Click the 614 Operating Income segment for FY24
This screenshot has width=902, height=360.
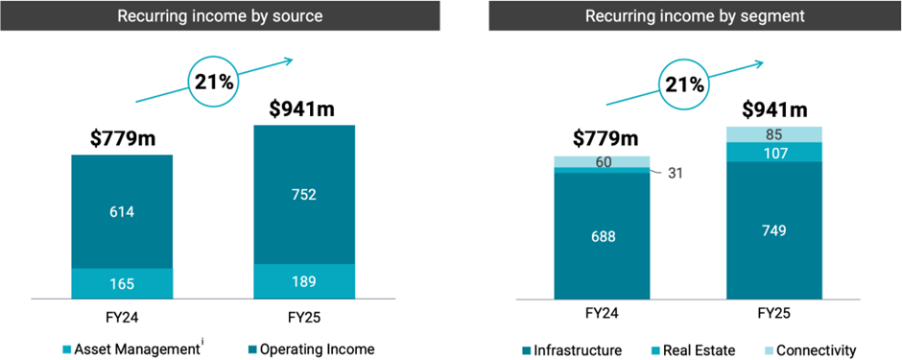point(122,211)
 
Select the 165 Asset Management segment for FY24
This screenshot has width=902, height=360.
point(122,284)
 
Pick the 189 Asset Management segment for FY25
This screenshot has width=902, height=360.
point(304,281)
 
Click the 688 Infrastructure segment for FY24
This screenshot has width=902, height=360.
point(602,236)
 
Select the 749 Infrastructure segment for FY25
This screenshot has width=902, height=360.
point(774,230)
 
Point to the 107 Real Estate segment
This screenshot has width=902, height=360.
point(774,152)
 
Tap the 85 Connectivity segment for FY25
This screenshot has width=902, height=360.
point(774,133)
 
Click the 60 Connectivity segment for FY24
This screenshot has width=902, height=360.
point(602,161)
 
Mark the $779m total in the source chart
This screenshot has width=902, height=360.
point(122,138)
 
